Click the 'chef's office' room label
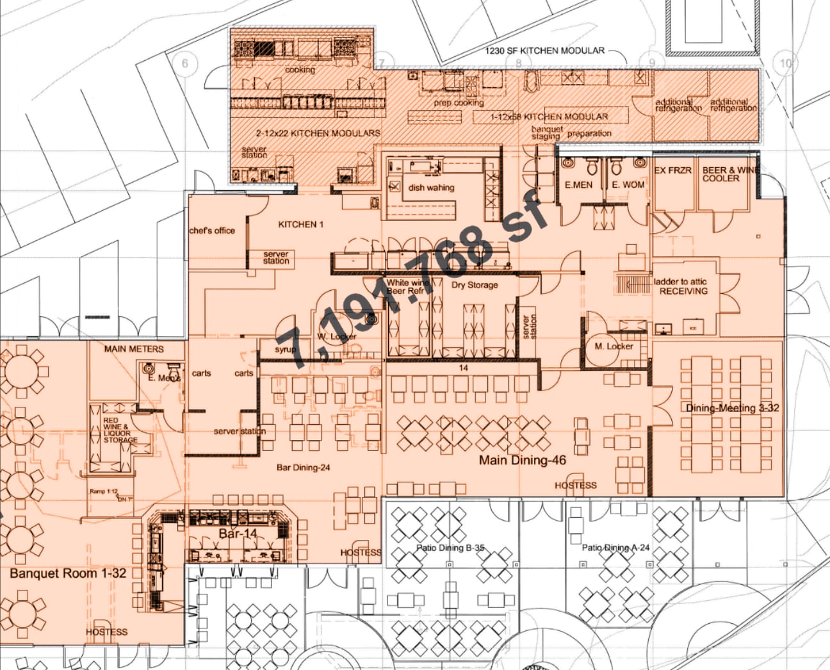(212, 231)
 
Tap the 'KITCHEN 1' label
(301, 224)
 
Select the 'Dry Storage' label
(475, 285)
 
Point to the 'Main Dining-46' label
(523, 460)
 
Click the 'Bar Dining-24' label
(303, 468)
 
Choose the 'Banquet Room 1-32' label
(68, 573)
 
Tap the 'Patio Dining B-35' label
(450, 548)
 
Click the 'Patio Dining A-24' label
(615, 548)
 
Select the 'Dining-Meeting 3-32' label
(732, 408)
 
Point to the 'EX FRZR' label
(672, 170)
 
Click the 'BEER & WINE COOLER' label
(729, 174)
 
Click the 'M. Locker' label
(614, 347)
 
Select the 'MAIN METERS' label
(134, 349)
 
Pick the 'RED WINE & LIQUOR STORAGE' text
(119, 430)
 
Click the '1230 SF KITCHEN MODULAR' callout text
(544, 51)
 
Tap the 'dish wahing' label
(431, 188)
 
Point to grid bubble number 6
(186, 63)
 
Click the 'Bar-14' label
(238, 534)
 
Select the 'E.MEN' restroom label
(578, 184)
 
